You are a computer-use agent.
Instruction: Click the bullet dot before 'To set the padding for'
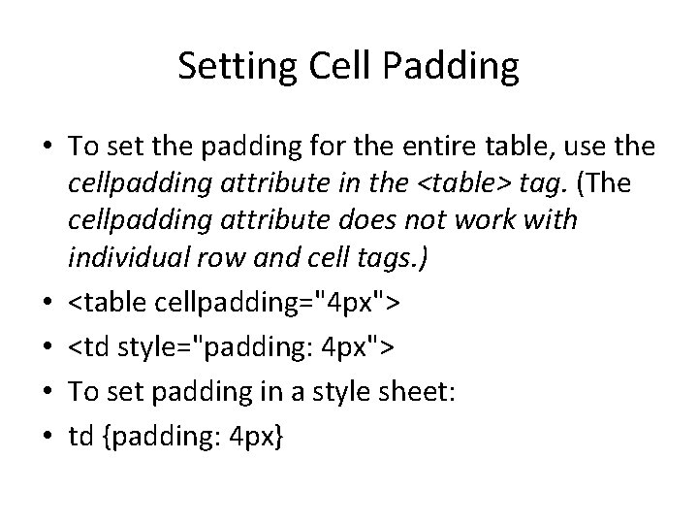click(45, 147)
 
